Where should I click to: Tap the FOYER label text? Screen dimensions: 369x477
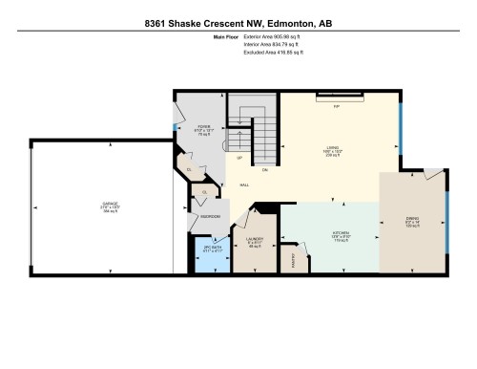203,126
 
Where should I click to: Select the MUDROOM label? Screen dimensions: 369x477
211,217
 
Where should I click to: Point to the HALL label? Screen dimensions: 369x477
244,184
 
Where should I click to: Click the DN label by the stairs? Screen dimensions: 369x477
264,170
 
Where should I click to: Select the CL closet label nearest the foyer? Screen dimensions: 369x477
190,169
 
